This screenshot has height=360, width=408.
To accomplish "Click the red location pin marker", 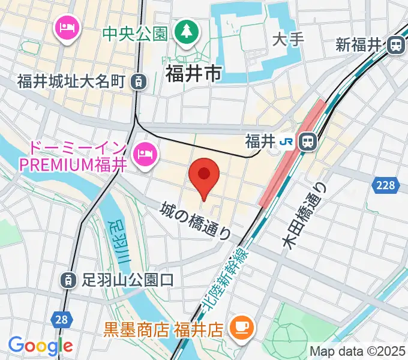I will point(204,176).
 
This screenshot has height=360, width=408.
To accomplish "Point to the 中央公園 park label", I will point(134,33).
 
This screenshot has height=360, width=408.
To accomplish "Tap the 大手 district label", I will point(289,40).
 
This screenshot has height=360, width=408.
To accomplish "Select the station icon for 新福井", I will point(395,44).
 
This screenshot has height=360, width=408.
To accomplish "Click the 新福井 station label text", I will point(359,44).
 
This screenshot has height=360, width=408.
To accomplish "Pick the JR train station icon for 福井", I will point(307,142).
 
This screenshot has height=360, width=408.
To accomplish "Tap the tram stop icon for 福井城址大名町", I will point(139,80).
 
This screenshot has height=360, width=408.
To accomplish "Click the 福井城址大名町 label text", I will point(71,80).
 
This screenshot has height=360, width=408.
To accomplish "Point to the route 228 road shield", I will point(387,185).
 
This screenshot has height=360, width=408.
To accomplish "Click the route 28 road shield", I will point(61,319).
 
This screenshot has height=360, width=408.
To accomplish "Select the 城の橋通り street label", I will point(196,220).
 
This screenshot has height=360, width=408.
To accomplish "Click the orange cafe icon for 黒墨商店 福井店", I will point(244,328).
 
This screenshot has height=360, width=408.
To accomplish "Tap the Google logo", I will point(40,345).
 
